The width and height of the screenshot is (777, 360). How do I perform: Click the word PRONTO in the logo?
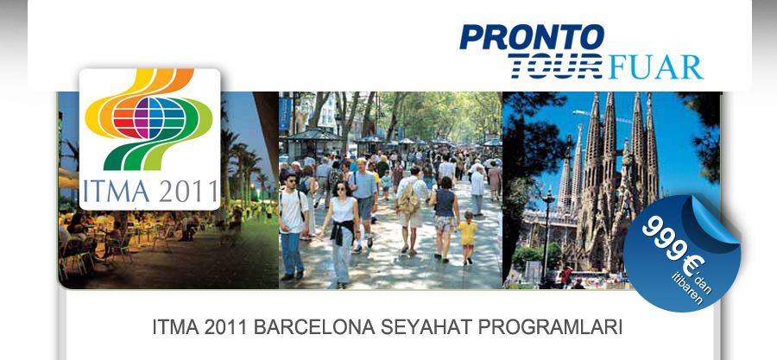(532, 37)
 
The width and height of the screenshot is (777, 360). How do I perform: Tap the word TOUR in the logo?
(555, 66)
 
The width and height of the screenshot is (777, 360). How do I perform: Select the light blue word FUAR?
(655, 67)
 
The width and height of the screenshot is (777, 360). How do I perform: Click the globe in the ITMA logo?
(149, 118)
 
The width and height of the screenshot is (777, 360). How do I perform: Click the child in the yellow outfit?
(466, 237)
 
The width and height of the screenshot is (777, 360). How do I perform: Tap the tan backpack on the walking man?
(408, 202)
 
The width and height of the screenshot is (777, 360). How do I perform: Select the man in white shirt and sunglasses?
(293, 226)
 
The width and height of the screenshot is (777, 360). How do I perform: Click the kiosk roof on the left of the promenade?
(311, 135)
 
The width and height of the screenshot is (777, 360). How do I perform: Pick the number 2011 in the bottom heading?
(227, 327)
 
